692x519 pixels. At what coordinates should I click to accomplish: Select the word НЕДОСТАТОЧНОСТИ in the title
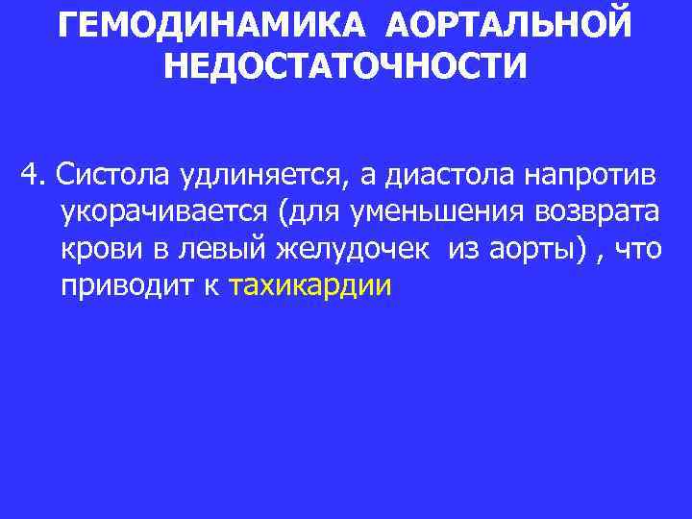(x=346, y=67)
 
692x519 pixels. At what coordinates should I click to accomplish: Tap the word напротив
(x=598, y=177)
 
